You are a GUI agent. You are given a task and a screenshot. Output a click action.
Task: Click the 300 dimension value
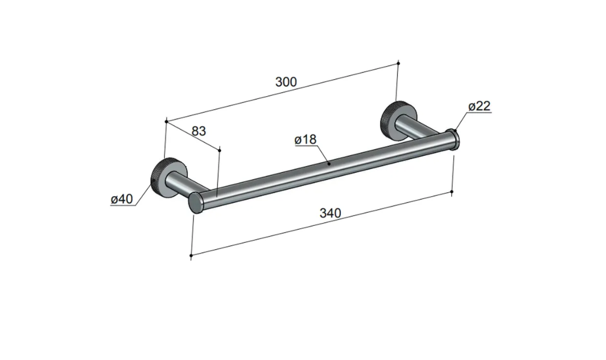(286, 82)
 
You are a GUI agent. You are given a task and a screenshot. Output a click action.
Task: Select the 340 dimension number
(331, 213)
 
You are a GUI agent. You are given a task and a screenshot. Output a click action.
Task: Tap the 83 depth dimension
(199, 131)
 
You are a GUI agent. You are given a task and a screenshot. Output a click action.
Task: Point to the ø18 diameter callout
(306, 139)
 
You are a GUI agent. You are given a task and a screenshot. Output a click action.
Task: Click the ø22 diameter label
(479, 106)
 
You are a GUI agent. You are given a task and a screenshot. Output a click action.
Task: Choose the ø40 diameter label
(122, 199)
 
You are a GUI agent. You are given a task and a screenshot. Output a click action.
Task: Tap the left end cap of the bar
(196, 202)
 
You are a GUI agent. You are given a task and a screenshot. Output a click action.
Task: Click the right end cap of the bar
(453, 139)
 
